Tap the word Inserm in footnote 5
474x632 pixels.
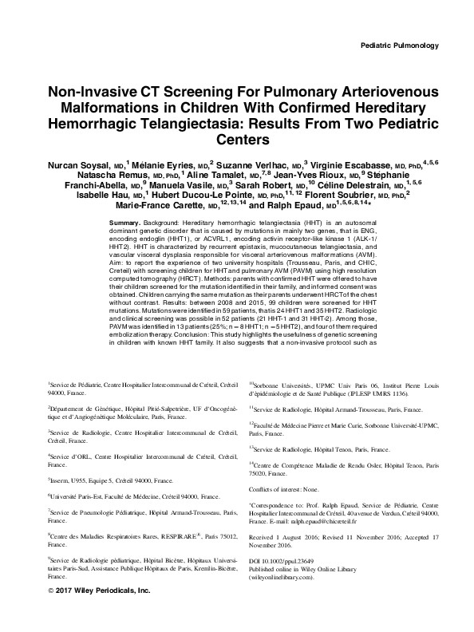tap(60, 481)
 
